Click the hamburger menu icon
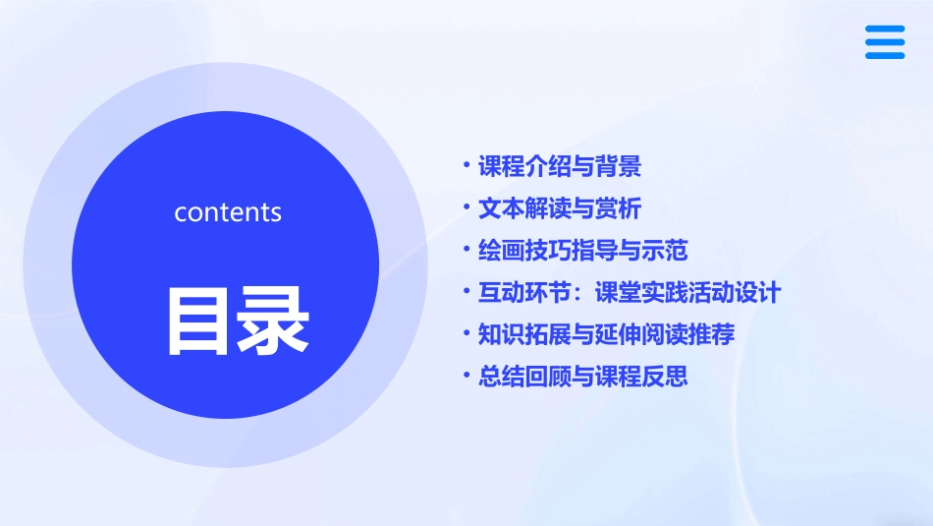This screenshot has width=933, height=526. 885,42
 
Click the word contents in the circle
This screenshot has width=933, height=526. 228,212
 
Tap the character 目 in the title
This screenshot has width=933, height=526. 199,321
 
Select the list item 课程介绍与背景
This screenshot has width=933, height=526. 560,167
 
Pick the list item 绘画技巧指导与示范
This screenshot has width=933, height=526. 582,251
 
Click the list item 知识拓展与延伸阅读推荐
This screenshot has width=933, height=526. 606,334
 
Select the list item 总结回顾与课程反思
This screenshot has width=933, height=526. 582,377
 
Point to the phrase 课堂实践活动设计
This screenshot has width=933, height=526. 687,293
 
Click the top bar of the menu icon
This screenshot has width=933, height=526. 885,29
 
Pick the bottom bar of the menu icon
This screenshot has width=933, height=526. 885,55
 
